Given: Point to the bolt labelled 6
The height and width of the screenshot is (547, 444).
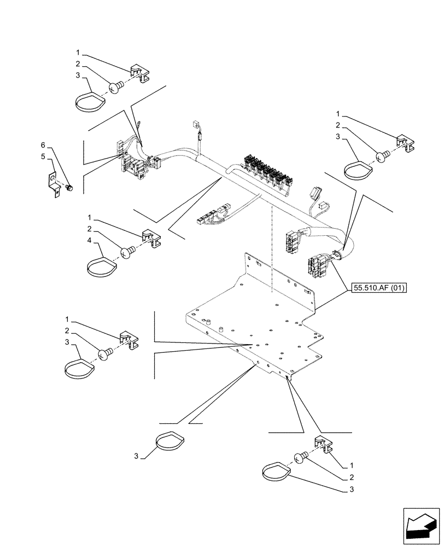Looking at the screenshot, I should pos(69,188).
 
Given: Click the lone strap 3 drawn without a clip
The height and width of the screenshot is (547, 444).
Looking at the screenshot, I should pos(170,441).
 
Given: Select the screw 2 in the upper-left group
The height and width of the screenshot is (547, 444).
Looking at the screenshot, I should pos(115,86).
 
